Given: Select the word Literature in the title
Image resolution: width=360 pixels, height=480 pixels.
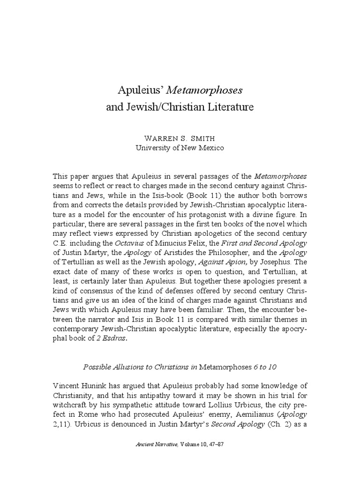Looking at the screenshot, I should click(x=227, y=107).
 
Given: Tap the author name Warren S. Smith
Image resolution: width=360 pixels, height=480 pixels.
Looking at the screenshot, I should click(x=180, y=139).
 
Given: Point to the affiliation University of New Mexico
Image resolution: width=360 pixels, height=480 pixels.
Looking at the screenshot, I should click(x=180, y=148).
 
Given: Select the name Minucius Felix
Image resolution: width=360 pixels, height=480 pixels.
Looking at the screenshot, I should click(x=182, y=243).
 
